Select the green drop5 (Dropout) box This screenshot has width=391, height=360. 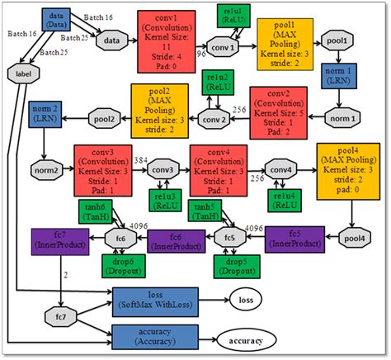click(232, 265)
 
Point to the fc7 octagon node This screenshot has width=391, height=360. click(59, 315)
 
